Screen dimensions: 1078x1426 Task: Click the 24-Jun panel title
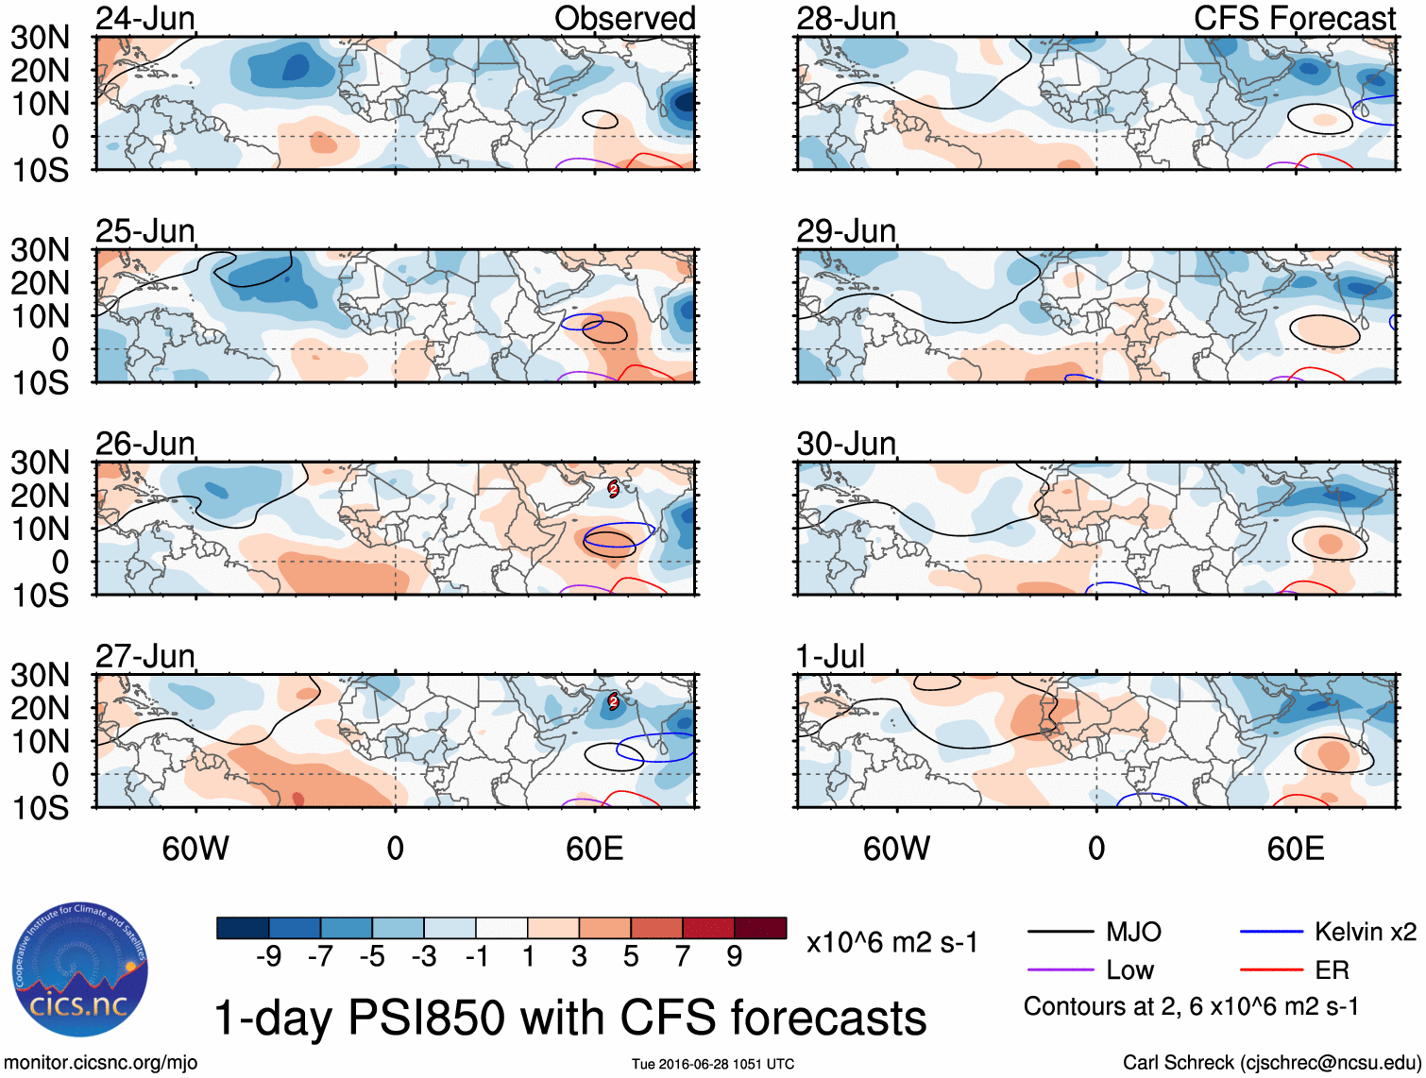coord(145,18)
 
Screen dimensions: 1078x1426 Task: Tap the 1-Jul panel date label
coord(830,655)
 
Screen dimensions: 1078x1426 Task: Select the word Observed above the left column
coord(624,18)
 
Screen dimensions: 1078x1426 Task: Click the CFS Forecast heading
coord(1294,18)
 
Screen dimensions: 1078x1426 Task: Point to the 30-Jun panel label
coord(846,443)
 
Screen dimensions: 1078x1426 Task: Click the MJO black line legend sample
coord(1060,933)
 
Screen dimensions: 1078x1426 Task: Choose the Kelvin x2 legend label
coord(1365,933)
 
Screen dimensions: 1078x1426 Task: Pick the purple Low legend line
coord(1060,970)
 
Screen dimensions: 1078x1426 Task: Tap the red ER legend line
coord(1271,970)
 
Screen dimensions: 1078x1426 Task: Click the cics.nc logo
coord(80,970)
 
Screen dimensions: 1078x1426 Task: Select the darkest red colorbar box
coord(760,928)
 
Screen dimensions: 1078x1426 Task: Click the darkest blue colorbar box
coord(243,928)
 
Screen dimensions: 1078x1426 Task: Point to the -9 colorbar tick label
coord(268,956)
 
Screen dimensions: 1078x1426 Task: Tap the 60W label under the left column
coord(195,849)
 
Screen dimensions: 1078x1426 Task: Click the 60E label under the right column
coord(1295,849)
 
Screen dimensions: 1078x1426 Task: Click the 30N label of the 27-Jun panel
coord(40,675)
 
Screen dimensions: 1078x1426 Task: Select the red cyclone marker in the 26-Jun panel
coord(613,488)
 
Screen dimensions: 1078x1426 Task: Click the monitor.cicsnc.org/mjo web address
coord(101,1063)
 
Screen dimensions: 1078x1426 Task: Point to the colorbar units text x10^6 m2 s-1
coord(891,942)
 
